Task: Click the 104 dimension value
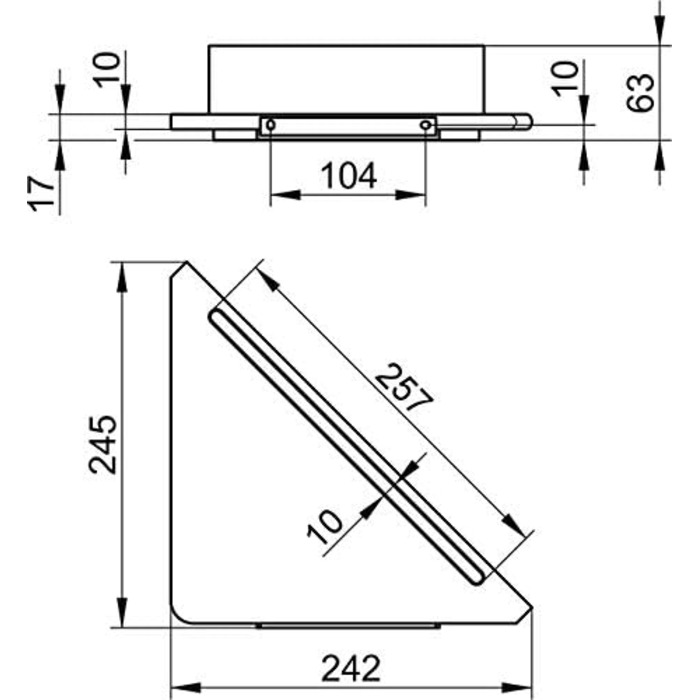coord(349,176)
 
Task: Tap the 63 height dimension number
coord(640,92)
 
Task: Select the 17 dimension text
coord(41,193)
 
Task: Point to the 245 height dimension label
coord(103,444)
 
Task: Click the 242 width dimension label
coord(351,668)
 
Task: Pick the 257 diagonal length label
coord(404,387)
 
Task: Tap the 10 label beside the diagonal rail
coord(325,527)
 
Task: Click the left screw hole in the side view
coord(271,125)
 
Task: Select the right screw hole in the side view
coord(425,125)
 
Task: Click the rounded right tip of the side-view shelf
coord(529,121)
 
